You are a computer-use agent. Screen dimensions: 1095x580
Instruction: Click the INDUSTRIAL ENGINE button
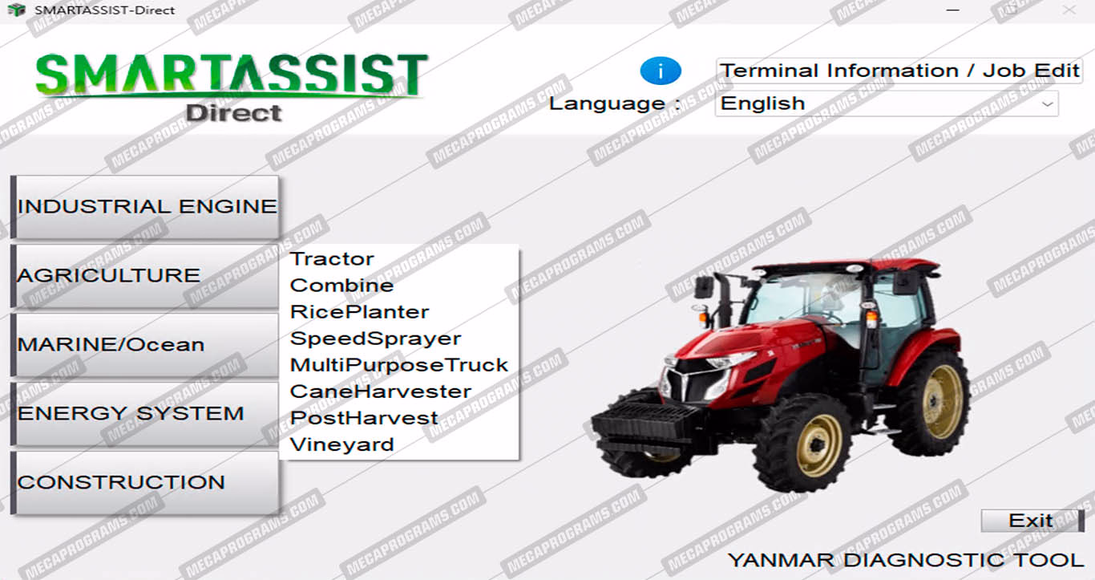tap(145, 207)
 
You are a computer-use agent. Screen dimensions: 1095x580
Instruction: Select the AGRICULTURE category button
tap(145, 276)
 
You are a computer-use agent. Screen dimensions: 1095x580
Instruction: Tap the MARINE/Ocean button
tap(145, 345)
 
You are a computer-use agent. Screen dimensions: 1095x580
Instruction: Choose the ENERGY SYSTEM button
tap(145, 414)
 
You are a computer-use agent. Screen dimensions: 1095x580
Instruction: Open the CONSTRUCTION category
tap(145, 483)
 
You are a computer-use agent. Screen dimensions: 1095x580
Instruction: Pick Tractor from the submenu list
tap(332, 258)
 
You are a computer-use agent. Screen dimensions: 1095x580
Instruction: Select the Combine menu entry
tap(341, 285)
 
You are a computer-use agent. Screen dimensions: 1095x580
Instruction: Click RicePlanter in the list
tap(359, 311)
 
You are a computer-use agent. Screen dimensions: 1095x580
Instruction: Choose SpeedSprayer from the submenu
tap(375, 339)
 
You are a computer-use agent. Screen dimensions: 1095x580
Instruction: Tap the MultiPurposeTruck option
tap(399, 365)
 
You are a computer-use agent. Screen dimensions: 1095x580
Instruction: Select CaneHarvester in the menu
tap(380, 391)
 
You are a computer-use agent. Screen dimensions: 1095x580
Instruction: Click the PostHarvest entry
tap(364, 418)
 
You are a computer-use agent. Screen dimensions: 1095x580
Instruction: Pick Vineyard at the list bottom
tap(341, 444)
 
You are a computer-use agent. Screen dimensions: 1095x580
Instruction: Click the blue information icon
tap(661, 71)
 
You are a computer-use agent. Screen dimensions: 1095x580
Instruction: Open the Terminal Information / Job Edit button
tap(899, 71)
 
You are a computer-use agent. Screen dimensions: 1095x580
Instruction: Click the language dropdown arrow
tap(1047, 104)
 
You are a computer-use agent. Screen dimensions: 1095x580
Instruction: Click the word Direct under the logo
tap(233, 113)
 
